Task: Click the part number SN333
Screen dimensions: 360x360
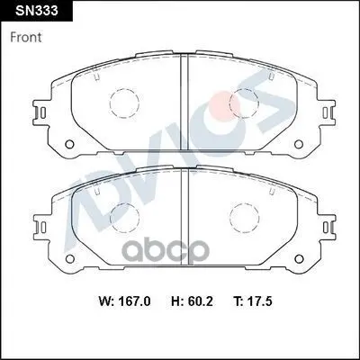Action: pos(36,11)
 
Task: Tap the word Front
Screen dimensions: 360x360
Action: pos(26,38)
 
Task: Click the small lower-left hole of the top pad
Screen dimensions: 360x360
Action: pos(69,144)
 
